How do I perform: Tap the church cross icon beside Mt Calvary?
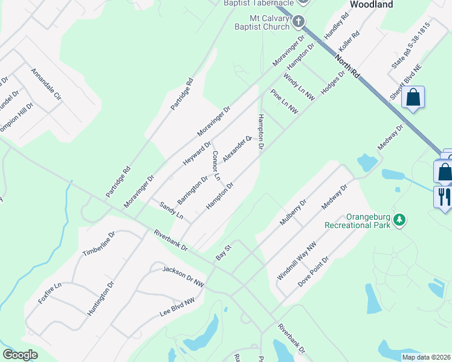298,23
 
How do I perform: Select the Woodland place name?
371,4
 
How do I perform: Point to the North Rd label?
347,66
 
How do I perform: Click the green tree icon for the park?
399,220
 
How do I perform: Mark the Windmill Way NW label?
296,260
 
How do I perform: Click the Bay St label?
224,253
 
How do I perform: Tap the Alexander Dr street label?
237,148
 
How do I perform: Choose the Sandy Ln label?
171,211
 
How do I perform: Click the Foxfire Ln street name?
50,293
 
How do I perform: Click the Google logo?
21,355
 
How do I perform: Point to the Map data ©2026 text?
426,357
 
